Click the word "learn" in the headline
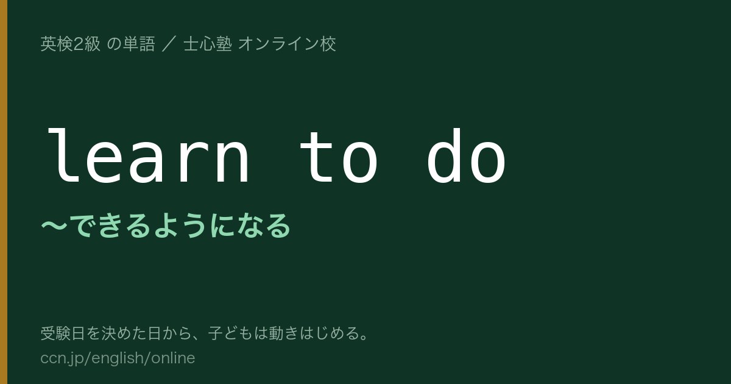coord(148,156)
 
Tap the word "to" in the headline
coord(339,157)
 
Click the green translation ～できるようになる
coord(166,226)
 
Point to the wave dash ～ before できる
coord(54,226)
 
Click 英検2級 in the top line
coord(70,44)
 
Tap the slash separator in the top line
coord(169,44)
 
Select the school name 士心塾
coord(208,44)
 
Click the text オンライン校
coord(287,44)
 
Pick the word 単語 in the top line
coord(139,44)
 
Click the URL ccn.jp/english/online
coord(118,358)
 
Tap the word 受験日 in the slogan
coord(63,333)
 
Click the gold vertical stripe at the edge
coord(4,192)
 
